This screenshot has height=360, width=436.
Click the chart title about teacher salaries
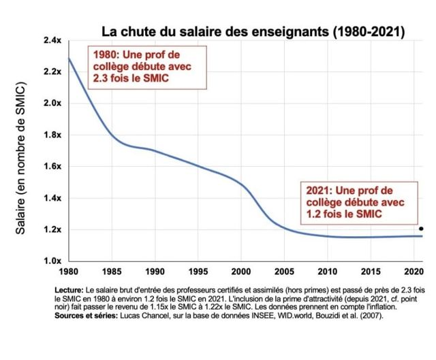tap(253, 31)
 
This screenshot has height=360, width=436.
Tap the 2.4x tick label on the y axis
tap(52, 41)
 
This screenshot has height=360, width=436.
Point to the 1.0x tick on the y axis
tap(52, 261)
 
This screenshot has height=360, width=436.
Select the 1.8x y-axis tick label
tap(52, 135)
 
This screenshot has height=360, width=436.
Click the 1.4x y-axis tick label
tap(52, 198)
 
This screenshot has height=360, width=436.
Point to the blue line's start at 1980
tap(69, 59)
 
